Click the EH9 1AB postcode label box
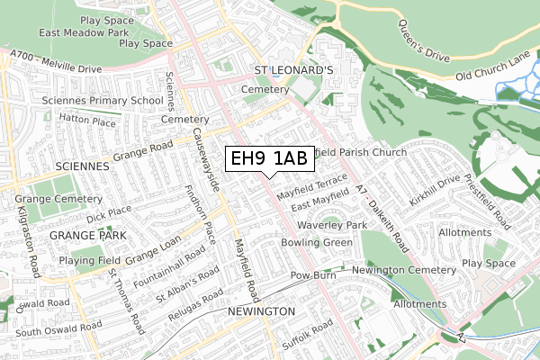[x=269, y=159]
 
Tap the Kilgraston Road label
[x=24, y=232]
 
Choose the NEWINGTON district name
[x=261, y=310]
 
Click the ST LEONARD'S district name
[x=293, y=69]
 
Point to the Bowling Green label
[x=318, y=243]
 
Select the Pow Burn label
[x=311, y=274]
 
